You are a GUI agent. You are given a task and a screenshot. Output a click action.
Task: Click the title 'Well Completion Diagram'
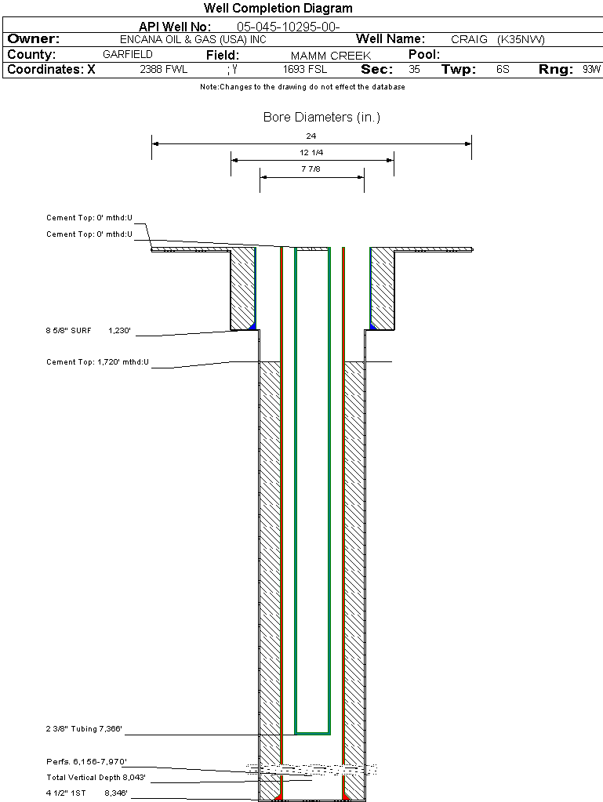[x=278, y=9]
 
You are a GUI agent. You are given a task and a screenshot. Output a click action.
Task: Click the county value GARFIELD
[x=128, y=55]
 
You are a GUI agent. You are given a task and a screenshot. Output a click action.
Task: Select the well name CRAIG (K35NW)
[x=497, y=39]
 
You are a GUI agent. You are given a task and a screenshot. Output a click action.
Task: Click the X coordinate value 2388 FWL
[x=163, y=70]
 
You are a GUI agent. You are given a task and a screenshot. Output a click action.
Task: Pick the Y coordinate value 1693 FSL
[x=305, y=70]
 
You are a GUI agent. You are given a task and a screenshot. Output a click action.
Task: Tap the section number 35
[x=414, y=70]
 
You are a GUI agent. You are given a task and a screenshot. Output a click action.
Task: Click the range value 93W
[x=591, y=70]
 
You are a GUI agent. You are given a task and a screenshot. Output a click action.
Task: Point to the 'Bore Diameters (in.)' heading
[x=321, y=118]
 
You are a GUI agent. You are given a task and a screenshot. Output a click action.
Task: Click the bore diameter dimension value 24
[x=311, y=136]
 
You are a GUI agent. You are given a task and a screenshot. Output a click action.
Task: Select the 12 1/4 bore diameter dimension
[x=311, y=152]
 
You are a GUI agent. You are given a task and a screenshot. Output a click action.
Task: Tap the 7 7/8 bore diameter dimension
[x=311, y=169]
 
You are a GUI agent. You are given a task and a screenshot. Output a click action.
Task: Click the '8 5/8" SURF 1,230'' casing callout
[x=91, y=331]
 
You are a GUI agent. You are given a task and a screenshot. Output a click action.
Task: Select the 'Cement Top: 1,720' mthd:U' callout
[x=97, y=362]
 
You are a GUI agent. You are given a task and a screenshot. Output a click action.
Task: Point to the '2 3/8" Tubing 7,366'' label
[x=85, y=730]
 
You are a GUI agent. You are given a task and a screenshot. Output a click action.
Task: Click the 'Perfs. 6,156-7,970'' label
[x=86, y=761]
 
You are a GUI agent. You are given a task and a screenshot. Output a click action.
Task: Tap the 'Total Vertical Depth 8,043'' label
[x=96, y=777]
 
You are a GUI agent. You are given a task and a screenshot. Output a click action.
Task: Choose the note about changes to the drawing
[x=302, y=87]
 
